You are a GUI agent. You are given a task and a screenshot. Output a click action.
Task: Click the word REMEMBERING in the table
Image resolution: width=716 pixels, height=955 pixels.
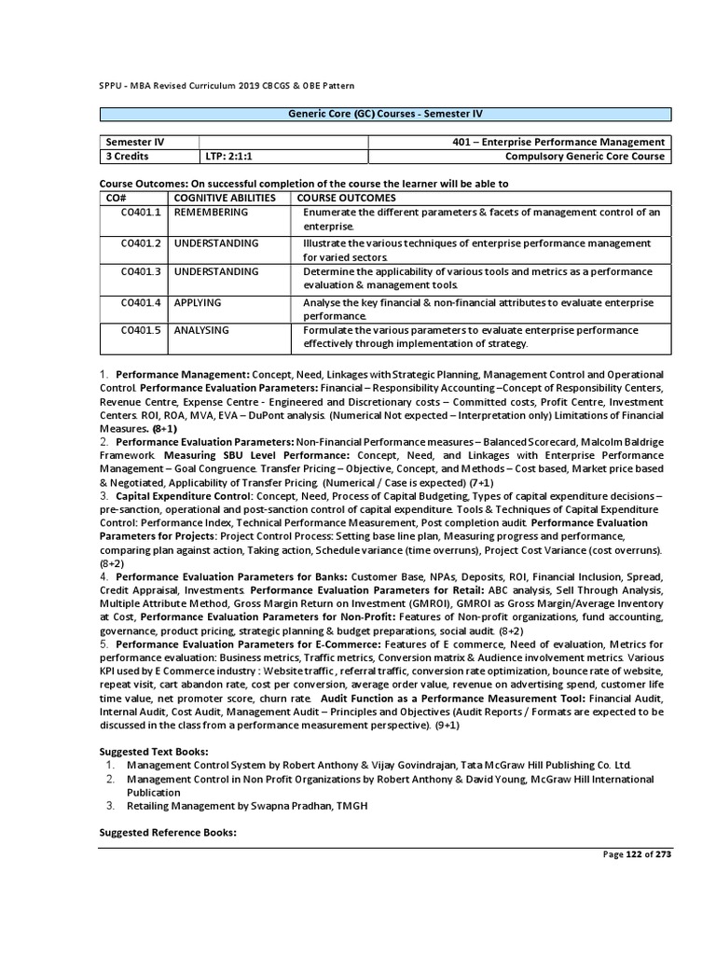(x=211, y=213)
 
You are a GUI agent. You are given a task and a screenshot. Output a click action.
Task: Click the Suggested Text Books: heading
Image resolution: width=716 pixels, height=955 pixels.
(x=154, y=751)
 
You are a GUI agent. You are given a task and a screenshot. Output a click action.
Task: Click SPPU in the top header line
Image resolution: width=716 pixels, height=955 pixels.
(x=110, y=85)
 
